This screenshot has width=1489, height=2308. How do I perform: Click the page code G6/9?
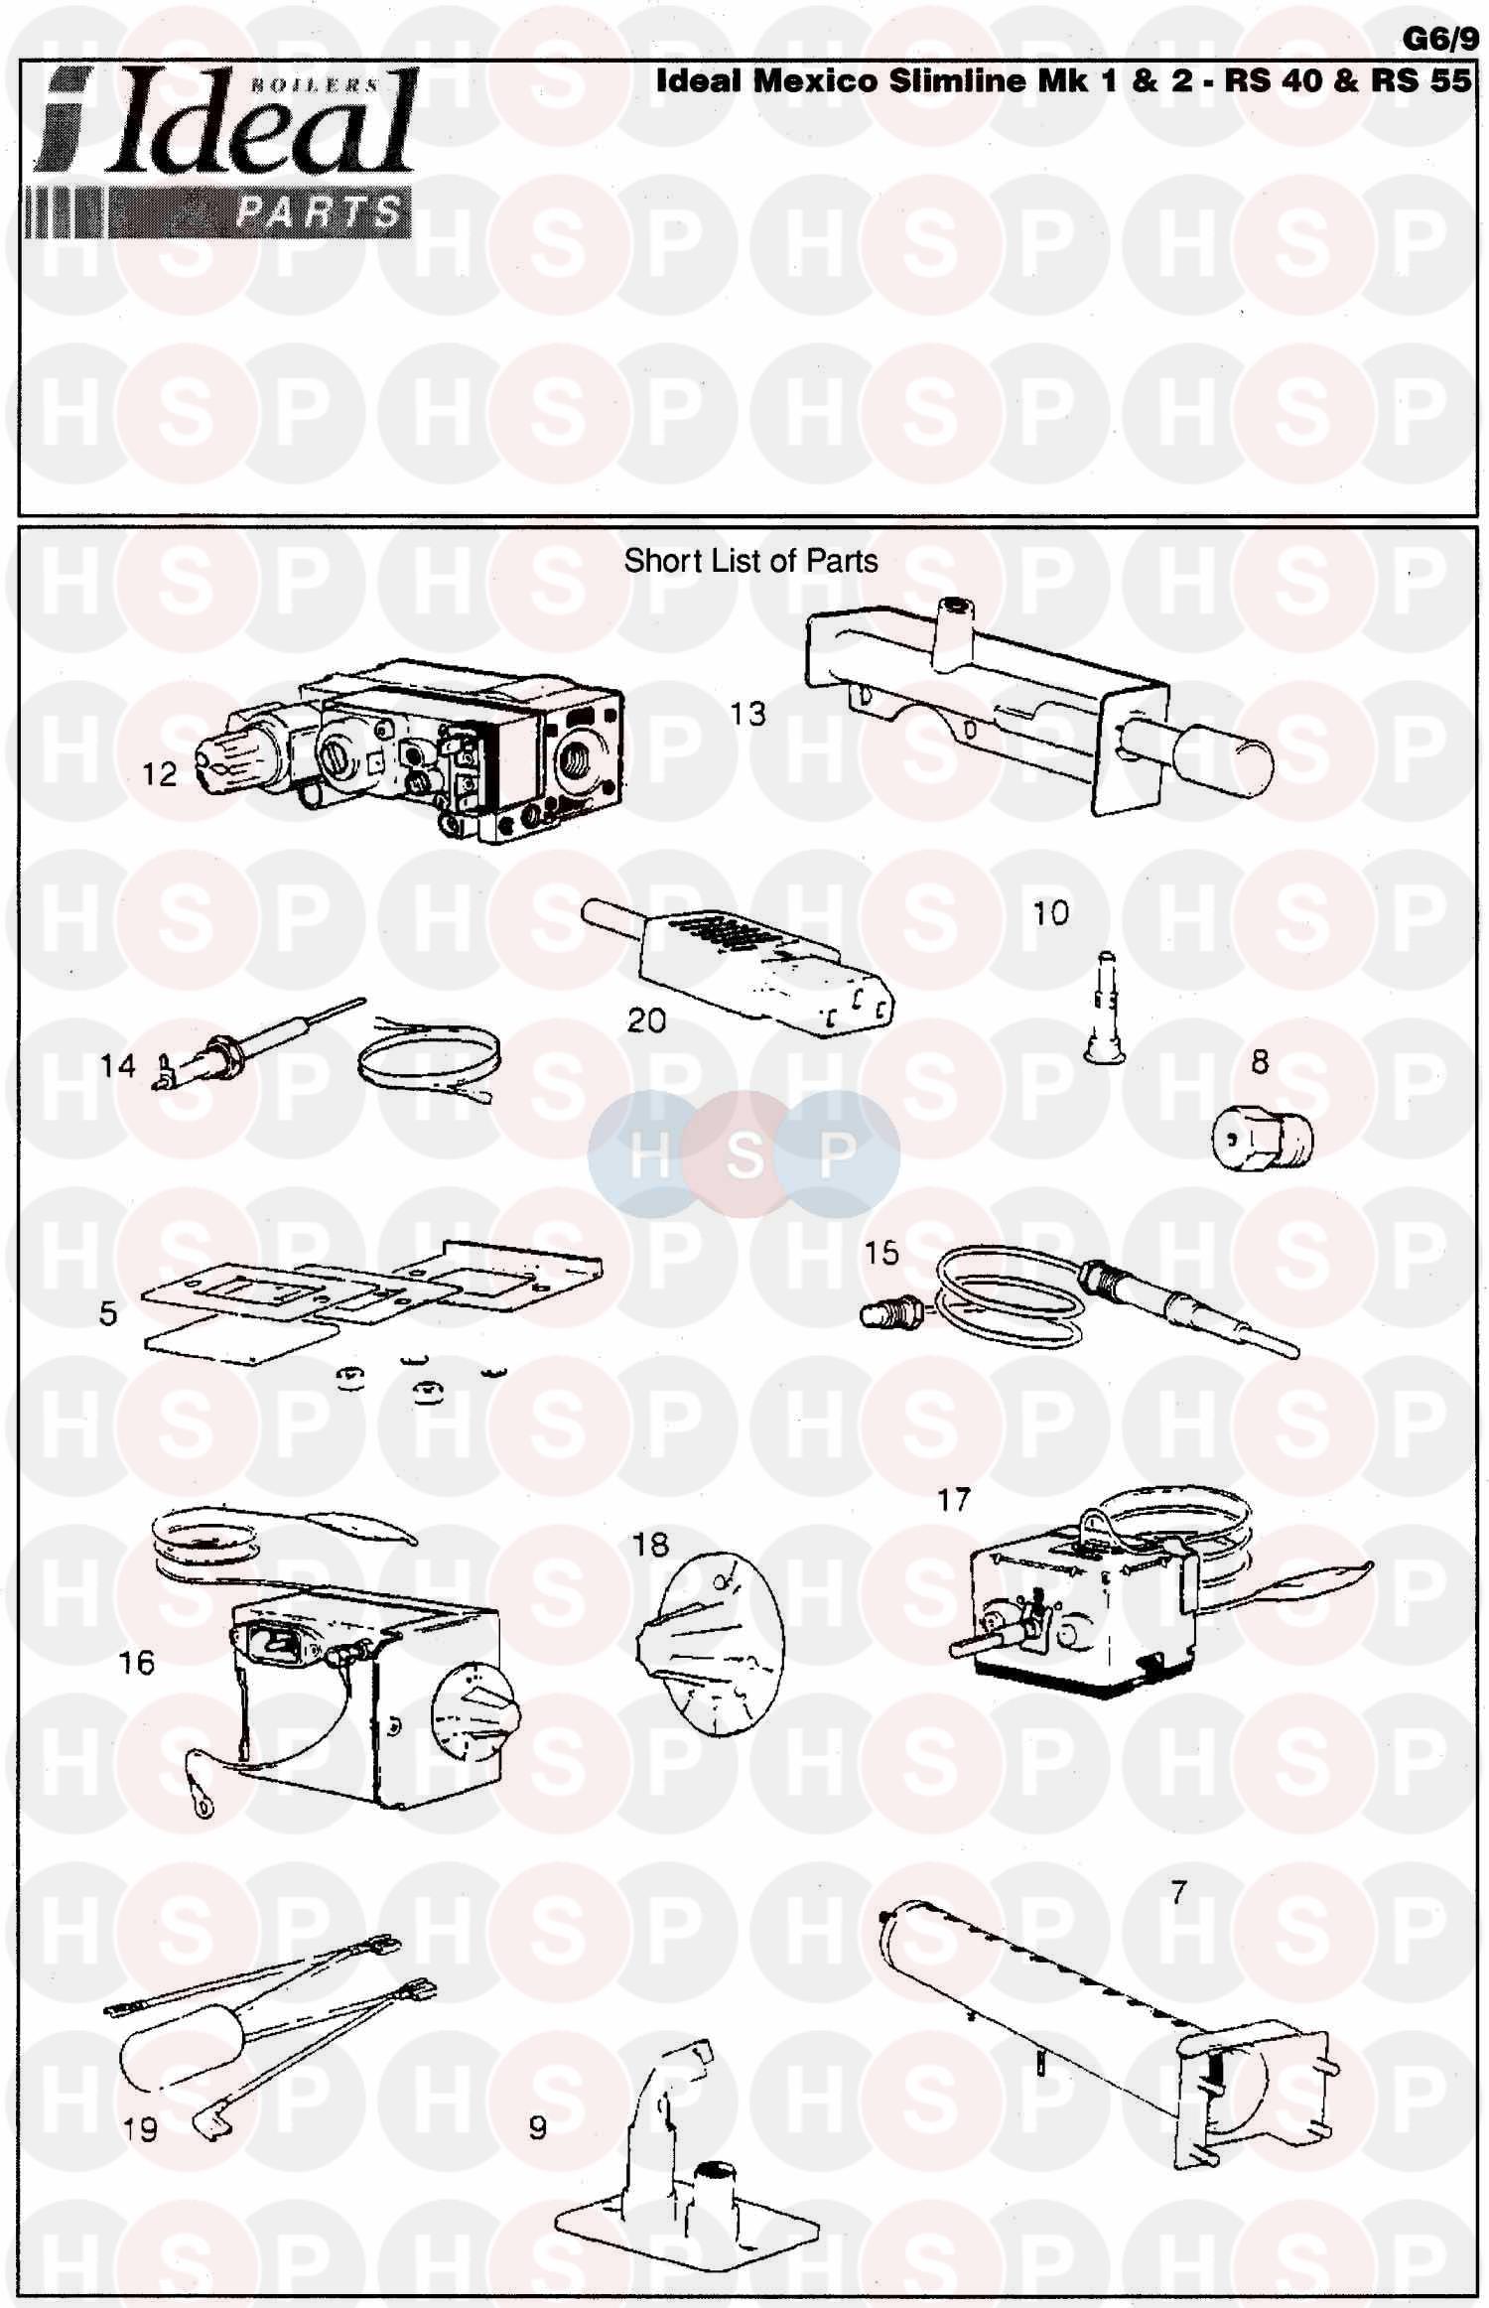click(1440, 39)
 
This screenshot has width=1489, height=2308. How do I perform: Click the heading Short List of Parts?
click(750, 561)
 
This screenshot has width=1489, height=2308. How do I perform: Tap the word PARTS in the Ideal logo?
click(320, 211)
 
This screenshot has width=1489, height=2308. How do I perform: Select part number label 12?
click(159, 774)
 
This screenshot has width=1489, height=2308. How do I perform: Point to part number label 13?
click(748, 714)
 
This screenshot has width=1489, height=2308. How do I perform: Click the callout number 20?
click(646, 1019)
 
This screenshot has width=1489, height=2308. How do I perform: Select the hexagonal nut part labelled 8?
click(1262, 1136)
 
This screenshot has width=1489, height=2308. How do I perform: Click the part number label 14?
click(117, 1066)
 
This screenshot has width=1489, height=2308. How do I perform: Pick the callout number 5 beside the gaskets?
click(108, 1313)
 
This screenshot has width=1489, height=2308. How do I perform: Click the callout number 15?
click(881, 1253)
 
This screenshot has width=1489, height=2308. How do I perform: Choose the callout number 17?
click(954, 1500)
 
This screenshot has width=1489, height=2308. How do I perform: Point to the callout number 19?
click(141, 2128)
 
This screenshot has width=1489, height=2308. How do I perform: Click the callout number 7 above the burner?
click(1178, 1893)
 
